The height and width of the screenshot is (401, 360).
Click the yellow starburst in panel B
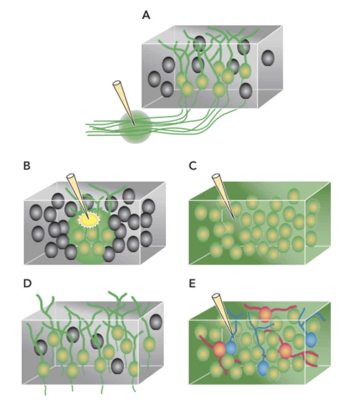(88, 220)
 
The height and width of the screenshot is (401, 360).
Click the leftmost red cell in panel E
(219, 349)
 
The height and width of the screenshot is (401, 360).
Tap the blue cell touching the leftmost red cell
(231, 347)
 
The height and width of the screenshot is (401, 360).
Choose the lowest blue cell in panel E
(263, 368)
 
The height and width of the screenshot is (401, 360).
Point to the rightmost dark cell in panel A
(268, 58)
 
